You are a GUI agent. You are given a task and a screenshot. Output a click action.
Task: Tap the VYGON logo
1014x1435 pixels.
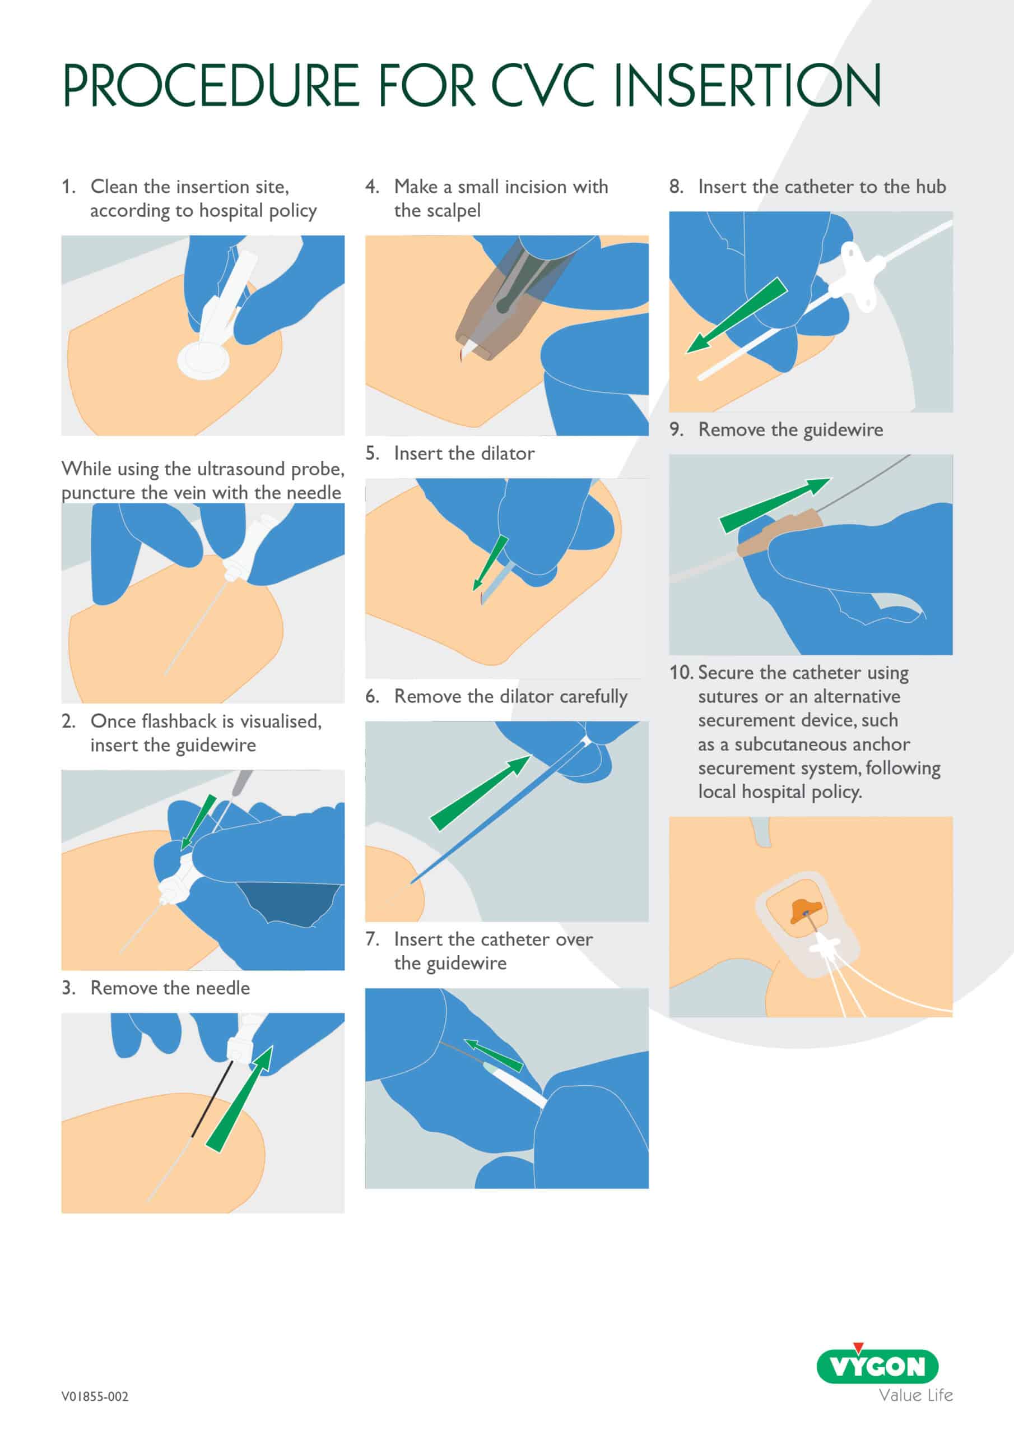coord(878,1365)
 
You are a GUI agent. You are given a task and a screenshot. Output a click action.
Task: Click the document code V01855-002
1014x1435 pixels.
coord(95,1396)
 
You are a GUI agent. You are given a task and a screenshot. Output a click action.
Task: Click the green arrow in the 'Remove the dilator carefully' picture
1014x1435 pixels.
coord(480,793)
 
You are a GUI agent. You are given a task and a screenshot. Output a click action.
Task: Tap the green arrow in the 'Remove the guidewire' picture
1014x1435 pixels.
coord(775,505)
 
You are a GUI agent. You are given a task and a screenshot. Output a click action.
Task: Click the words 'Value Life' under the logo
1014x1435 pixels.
coord(916,1396)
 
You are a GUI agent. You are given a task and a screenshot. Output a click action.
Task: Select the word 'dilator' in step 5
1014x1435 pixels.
coord(508,453)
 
